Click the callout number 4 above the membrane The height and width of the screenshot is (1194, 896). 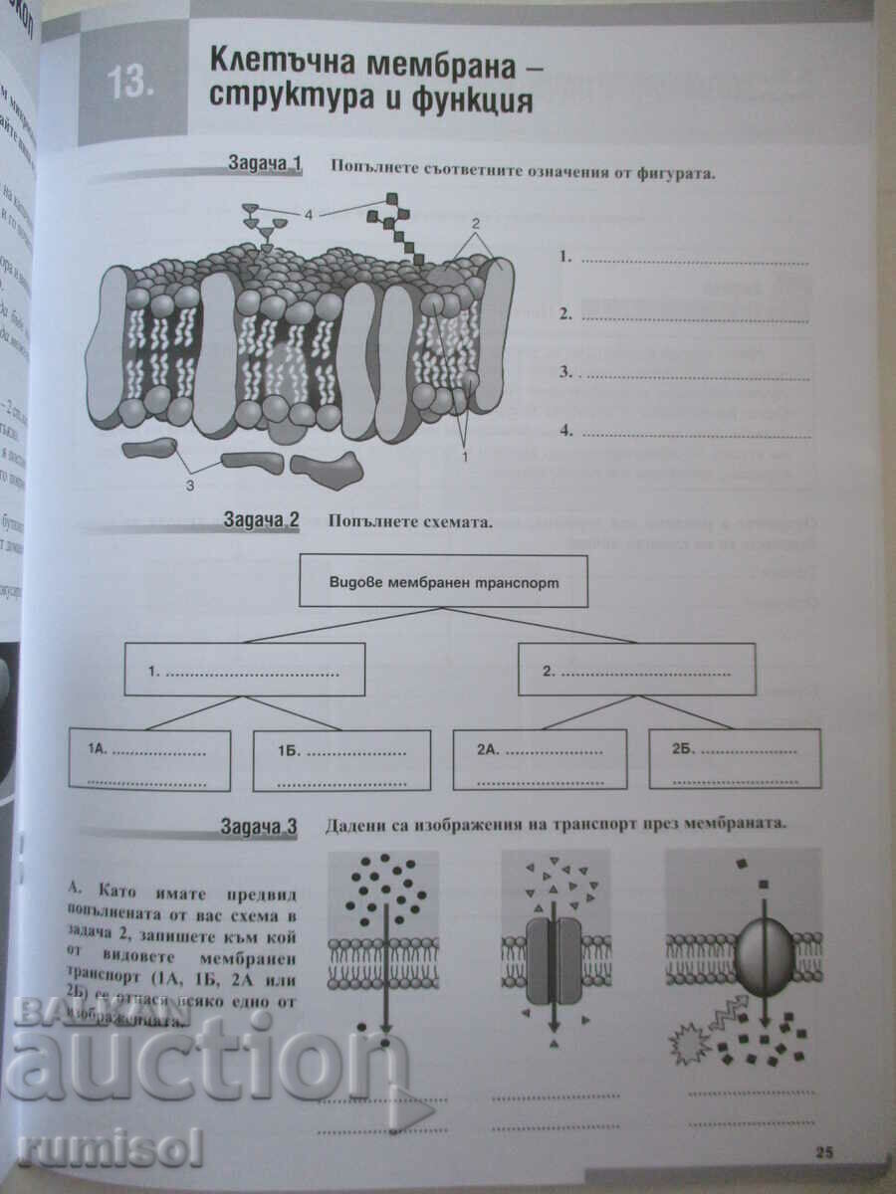[x=309, y=214]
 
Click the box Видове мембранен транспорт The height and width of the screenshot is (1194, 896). [x=443, y=582]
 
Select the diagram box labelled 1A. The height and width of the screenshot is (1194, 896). [x=149, y=761]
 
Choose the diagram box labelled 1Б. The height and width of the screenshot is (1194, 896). [x=341, y=761]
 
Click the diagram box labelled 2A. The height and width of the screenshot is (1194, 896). [x=540, y=759]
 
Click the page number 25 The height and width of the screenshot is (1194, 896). [x=823, y=1152]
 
